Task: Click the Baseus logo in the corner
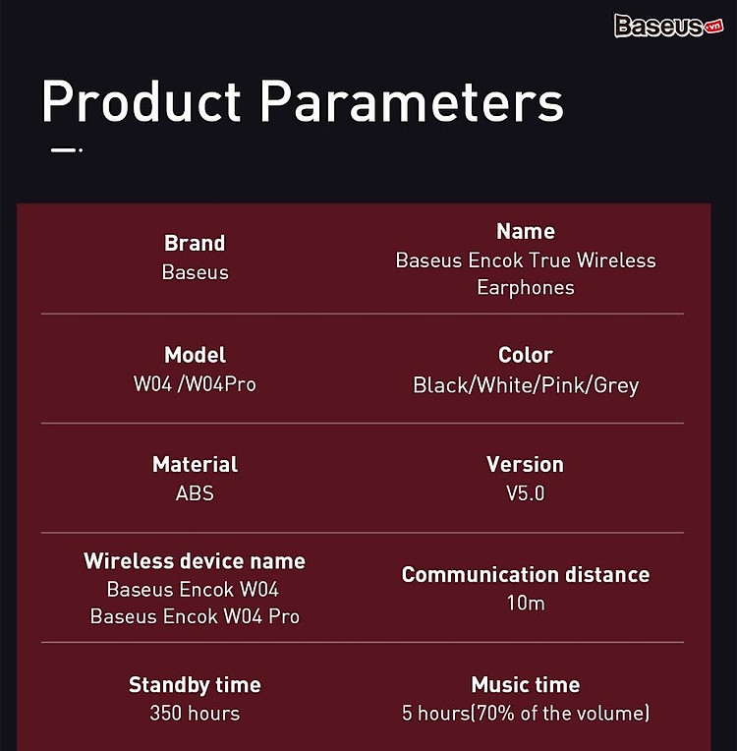click(668, 26)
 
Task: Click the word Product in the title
click(142, 101)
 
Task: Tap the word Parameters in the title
click(412, 101)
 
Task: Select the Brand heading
click(195, 243)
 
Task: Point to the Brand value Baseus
click(195, 272)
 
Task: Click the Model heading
click(195, 355)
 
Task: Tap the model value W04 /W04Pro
click(195, 383)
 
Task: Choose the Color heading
click(526, 355)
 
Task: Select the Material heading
click(195, 464)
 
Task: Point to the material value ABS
click(195, 493)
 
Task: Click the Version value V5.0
click(526, 493)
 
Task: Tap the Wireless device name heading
click(195, 561)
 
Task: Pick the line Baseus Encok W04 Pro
click(195, 616)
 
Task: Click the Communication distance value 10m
click(526, 603)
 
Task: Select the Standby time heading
click(195, 685)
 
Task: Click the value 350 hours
click(195, 714)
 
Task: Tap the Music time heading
click(526, 684)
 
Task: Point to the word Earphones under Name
click(526, 288)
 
